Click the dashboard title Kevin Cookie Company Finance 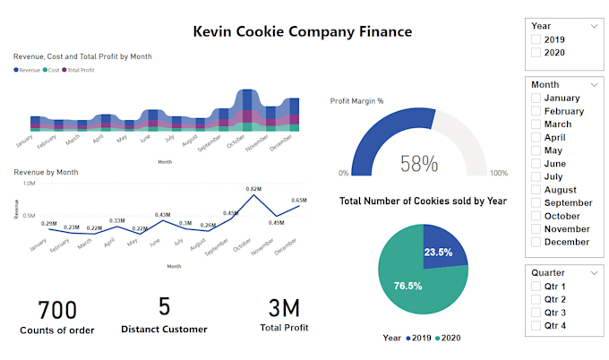point(302,32)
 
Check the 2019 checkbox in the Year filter point(536,40)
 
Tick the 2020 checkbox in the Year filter point(536,53)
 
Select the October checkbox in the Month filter point(536,216)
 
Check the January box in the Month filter point(536,99)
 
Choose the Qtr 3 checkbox point(536,313)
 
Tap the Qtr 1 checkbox point(536,287)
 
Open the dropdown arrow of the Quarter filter point(594,273)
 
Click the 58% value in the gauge point(418,163)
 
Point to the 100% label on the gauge point(498,174)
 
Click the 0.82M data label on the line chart point(253,189)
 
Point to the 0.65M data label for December point(298,201)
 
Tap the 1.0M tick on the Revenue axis point(29,184)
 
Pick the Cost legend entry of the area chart point(53,69)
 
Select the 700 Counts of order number point(56,310)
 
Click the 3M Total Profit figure point(284,309)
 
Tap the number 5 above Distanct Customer point(164,307)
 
